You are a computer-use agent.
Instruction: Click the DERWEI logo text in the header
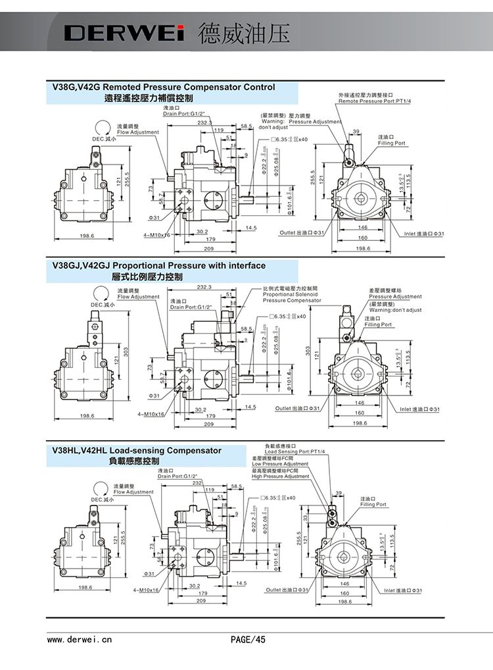tap(125, 34)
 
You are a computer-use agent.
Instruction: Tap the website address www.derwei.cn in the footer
tap(80, 638)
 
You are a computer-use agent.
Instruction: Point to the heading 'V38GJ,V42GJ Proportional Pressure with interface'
tap(158, 266)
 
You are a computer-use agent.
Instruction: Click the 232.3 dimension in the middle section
tap(204, 288)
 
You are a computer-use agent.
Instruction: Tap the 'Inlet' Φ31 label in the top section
tap(426, 234)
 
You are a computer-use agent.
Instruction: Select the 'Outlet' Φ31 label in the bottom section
tap(287, 590)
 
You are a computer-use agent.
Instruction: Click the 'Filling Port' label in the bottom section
tap(373, 505)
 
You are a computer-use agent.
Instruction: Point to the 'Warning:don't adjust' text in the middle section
tap(395, 309)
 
